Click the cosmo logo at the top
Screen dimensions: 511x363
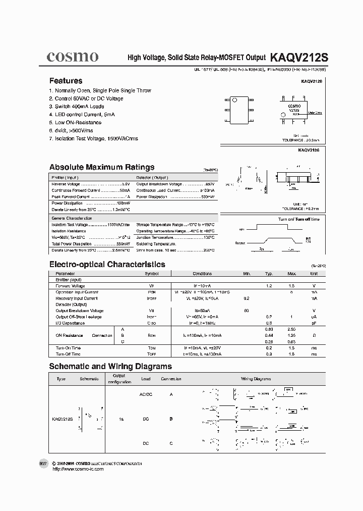click(73, 57)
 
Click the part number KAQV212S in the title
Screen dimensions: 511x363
click(299, 58)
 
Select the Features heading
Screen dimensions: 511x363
click(66, 81)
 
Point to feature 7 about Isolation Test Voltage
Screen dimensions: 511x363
click(93, 138)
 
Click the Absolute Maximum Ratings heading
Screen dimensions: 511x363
click(101, 167)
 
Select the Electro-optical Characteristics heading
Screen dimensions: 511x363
click(107, 264)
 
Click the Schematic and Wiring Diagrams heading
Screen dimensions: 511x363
click(110, 367)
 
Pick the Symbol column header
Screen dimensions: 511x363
click(151, 274)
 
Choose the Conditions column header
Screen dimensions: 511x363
click(202, 274)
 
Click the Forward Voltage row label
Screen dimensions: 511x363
click(70, 286)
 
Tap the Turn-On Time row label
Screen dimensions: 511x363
click(68, 348)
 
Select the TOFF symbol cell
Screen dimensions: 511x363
click(151, 354)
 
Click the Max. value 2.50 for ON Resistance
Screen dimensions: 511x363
click(291, 329)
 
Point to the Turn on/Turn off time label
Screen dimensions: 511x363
click(298, 219)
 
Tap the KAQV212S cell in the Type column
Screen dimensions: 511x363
click(63, 419)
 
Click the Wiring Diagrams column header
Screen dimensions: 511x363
click(256, 379)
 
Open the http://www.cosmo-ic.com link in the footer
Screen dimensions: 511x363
click(78, 469)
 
